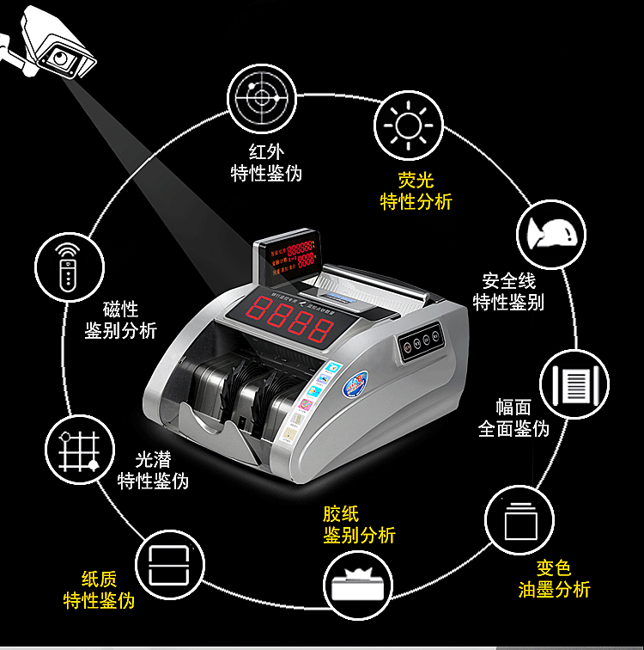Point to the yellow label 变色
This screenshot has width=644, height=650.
[x=554, y=567]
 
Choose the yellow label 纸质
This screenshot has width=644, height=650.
[x=99, y=579]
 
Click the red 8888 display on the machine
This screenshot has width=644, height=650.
[x=289, y=320]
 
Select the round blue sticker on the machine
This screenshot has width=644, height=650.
[x=353, y=383]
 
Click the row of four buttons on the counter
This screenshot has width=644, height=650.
[x=422, y=341]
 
